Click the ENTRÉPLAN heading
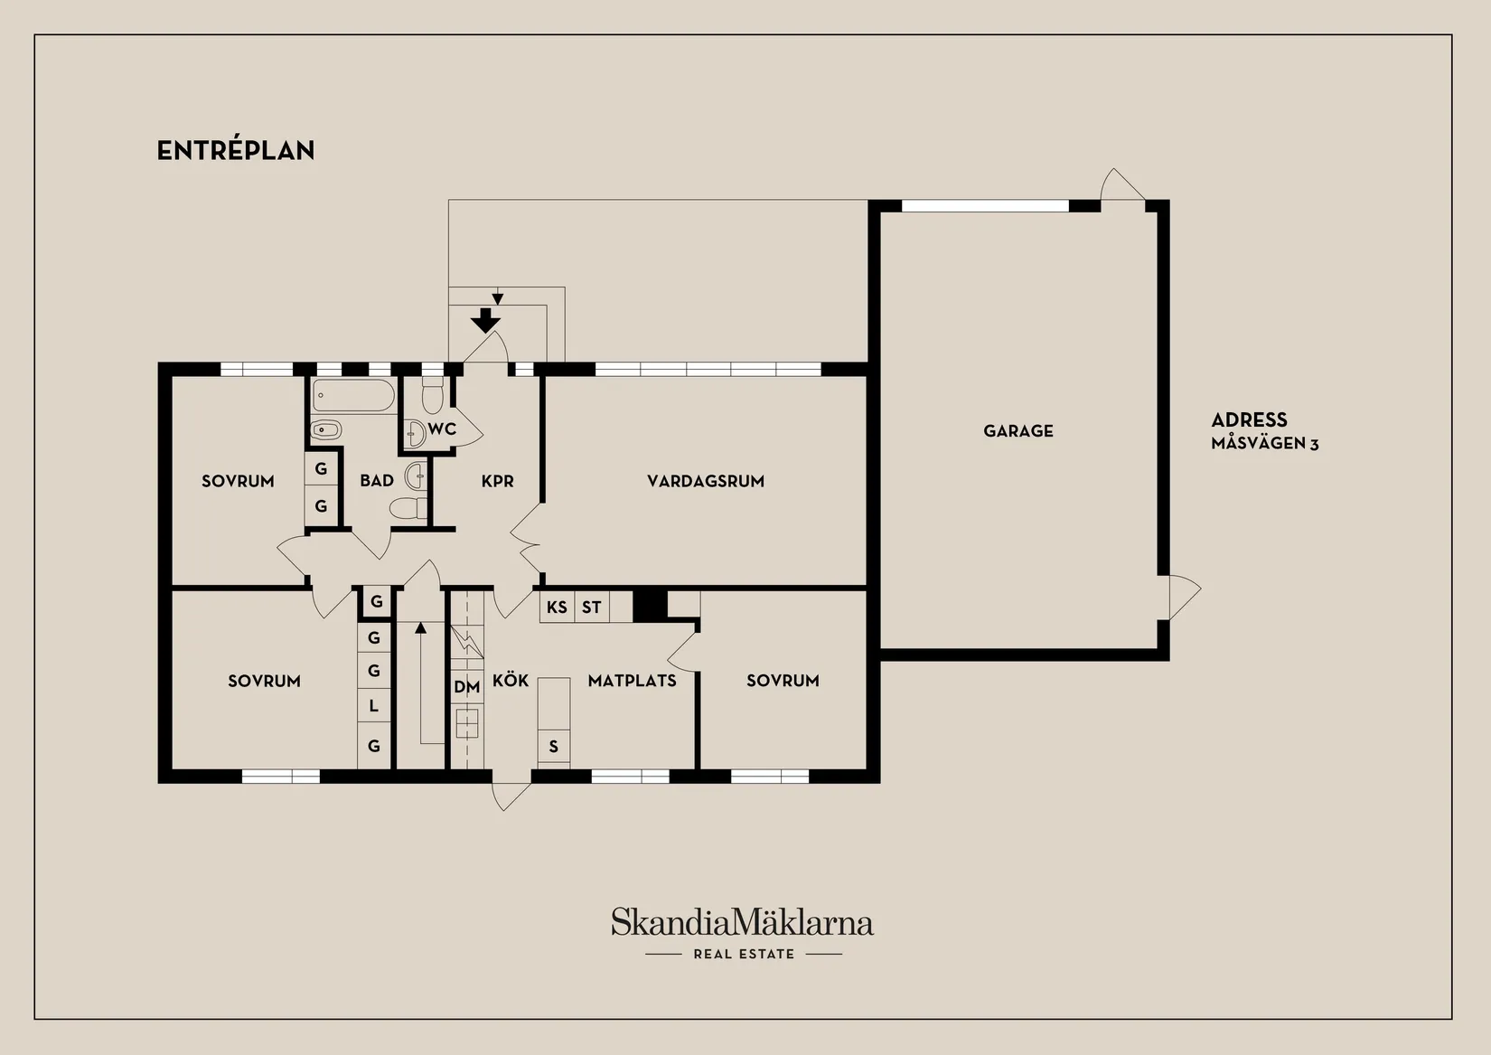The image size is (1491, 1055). point(236,150)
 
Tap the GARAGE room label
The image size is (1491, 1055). point(1018,431)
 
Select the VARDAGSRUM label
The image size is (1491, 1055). point(706,481)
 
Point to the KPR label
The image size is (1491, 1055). point(497,481)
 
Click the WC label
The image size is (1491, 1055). point(442,429)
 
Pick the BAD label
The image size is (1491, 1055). point(377,480)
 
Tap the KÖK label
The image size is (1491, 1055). point(511,681)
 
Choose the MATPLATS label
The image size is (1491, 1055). point(632,681)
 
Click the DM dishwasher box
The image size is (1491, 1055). point(466,687)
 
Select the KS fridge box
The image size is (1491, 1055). point(557,607)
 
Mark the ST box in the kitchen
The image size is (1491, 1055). point(591,607)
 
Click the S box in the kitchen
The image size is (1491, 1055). point(554,747)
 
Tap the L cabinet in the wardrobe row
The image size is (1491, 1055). point(374,706)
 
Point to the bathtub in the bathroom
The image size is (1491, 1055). point(353,396)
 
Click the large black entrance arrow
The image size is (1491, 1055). point(486,319)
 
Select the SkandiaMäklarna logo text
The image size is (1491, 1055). point(742,923)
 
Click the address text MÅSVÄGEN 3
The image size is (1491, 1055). point(1264,444)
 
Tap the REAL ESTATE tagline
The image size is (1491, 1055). point(744,954)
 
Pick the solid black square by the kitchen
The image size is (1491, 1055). point(650,606)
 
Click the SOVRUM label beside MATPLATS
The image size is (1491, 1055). point(783,681)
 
